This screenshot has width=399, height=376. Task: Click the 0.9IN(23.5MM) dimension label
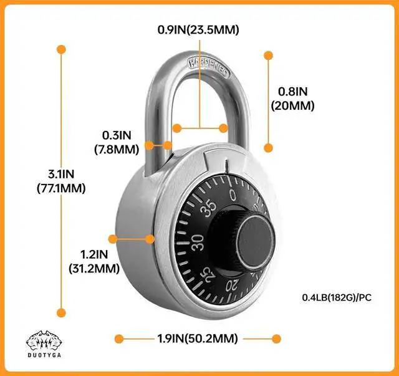click(x=198, y=29)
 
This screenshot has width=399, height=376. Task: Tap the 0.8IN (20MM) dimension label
click(x=292, y=99)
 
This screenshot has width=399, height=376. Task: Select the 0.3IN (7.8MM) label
click(x=117, y=142)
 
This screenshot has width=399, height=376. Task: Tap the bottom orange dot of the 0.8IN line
click(x=269, y=148)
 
